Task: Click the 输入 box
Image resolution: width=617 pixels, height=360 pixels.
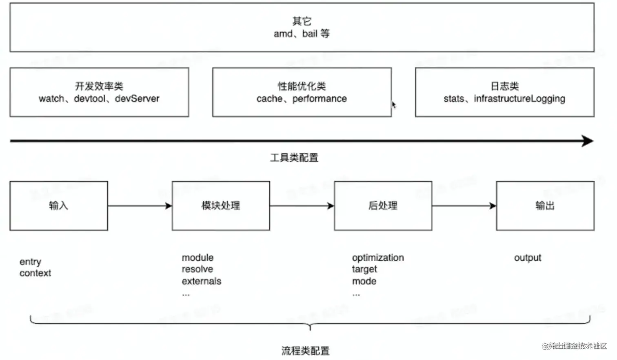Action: coord(59,206)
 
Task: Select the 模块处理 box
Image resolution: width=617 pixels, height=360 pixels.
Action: coord(221,206)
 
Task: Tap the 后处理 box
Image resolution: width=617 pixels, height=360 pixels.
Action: coord(383,206)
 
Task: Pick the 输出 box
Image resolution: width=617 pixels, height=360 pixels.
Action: coord(545,206)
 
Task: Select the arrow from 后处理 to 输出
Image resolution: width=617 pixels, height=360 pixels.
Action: coord(464,206)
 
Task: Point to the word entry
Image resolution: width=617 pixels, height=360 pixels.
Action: coord(30,262)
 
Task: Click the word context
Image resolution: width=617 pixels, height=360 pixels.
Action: coord(36,273)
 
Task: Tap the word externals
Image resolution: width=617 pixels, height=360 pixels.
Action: coord(202,281)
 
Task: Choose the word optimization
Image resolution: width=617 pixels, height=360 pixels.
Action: coord(378,258)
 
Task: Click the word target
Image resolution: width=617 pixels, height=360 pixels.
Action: coord(364,269)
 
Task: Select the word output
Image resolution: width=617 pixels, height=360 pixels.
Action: coord(528,258)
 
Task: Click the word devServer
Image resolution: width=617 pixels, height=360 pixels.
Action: coord(137,99)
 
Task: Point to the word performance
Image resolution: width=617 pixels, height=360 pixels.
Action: coord(320,99)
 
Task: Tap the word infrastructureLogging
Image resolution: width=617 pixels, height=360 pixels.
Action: coord(519,99)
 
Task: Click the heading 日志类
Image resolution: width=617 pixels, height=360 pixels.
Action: coord(505,86)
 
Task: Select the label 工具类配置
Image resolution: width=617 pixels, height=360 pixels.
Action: coord(294,158)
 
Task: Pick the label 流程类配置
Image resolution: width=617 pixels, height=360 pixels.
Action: coord(306,351)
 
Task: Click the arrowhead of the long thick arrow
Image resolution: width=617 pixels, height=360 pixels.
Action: coord(588,141)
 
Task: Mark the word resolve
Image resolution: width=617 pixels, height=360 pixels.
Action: coord(198,269)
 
